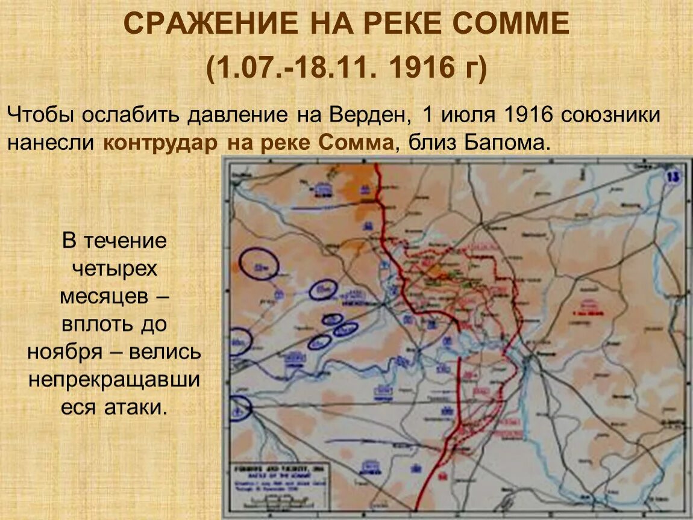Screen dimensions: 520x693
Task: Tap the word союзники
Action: pyautogui.click(x=611, y=115)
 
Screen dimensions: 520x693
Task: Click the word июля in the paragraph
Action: pyautogui.click(x=467, y=115)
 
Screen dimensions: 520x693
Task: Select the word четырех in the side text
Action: pyautogui.click(x=114, y=268)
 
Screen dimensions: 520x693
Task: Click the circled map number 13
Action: pyautogui.click(x=674, y=177)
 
